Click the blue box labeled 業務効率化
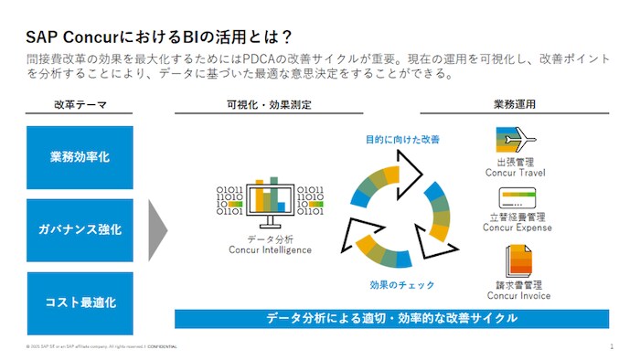tap(80, 157)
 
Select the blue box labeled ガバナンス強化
tap(80, 229)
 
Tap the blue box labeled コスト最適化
tap(80, 302)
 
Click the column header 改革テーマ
tap(80, 105)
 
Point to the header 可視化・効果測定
tap(269, 105)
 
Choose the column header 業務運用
tap(517, 105)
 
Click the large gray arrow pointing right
tap(157, 229)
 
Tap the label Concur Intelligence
tap(269, 250)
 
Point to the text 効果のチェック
tap(395, 285)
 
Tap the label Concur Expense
tap(517, 228)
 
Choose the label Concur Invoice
tap(517, 296)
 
